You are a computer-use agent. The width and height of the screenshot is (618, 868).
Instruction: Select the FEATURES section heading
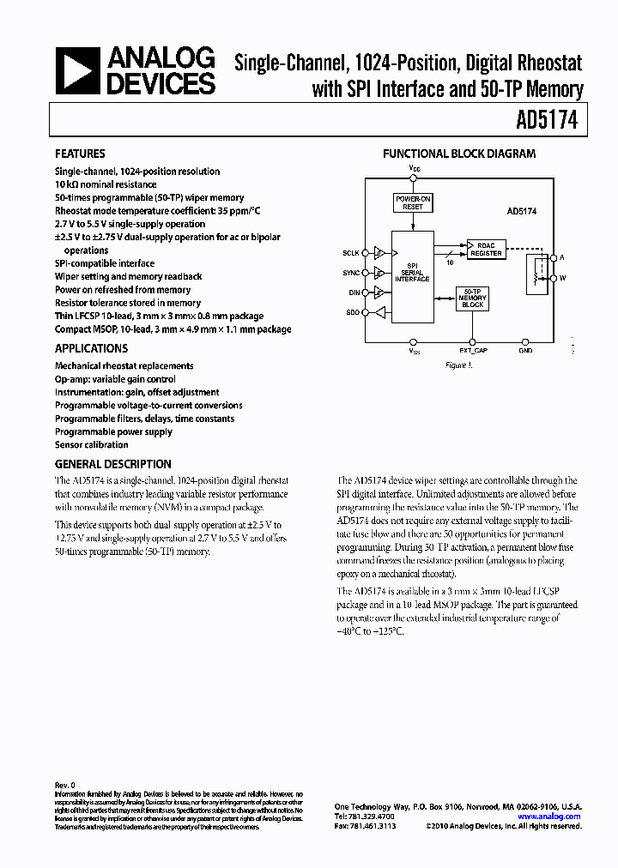[x=80, y=154]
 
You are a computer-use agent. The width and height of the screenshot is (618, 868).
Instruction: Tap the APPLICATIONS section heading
[x=91, y=349]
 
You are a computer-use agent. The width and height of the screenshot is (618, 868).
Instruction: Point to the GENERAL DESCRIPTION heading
[x=113, y=464]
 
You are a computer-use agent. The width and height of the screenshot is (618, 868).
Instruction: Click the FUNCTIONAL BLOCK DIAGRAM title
[x=459, y=154]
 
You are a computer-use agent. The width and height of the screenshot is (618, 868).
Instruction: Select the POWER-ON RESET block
[x=413, y=202]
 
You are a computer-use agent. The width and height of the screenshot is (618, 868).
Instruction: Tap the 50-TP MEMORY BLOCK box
[x=472, y=298]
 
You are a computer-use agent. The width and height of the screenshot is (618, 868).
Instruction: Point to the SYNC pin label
[x=352, y=274]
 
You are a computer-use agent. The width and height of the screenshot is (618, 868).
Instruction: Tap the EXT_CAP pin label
[x=473, y=350]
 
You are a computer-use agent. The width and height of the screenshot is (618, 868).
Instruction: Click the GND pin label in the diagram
[x=525, y=350]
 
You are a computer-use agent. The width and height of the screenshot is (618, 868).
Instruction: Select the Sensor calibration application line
[x=92, y=445]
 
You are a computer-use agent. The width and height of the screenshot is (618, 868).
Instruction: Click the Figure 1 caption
[x=459, y=365]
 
